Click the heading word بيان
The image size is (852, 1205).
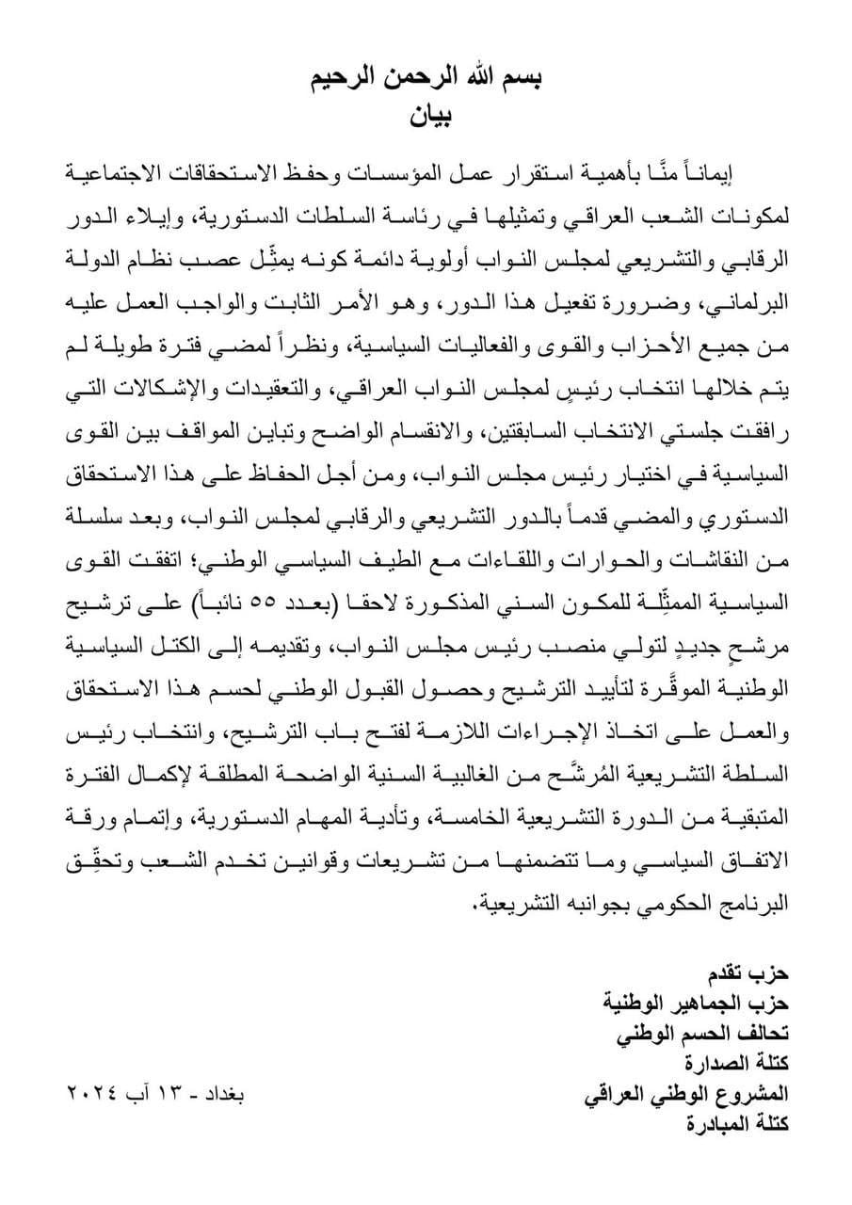[x=426, y=117]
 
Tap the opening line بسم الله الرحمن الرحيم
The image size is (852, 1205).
[x=426, y=81]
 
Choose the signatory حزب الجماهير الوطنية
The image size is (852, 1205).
[x=696, y=1003]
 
